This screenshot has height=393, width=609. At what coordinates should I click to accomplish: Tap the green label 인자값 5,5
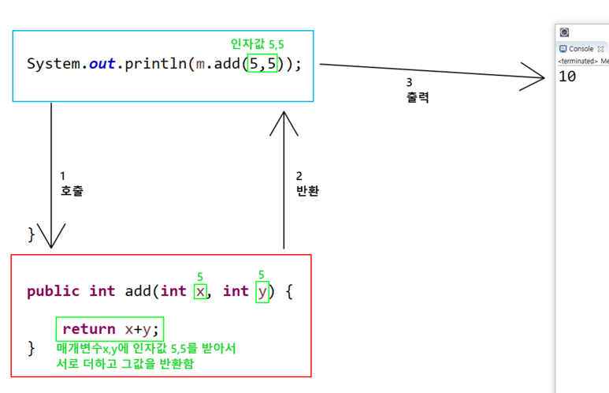(x=256, y=44)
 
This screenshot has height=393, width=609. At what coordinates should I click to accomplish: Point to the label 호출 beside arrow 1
(x=71, y=191)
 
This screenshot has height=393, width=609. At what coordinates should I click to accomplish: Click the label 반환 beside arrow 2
(x=307, y=191)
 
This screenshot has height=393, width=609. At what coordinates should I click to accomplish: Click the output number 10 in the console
(x=566, y=77)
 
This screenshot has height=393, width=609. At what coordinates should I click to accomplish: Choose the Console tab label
(x=581, y=49)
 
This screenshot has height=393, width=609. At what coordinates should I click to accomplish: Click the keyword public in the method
(x=53, y=291)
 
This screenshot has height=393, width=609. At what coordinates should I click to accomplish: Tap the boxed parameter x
(x=202, y=291)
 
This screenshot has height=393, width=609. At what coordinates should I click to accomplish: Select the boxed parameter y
(x=262, y=292)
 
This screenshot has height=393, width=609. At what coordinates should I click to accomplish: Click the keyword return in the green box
(x=88, y=329)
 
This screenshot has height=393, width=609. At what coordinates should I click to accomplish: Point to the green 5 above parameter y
(x=262, y=275)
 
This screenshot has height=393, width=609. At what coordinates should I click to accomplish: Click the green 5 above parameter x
(x=201, y=276)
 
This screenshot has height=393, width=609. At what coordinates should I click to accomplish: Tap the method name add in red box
(x=139, y=291)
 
